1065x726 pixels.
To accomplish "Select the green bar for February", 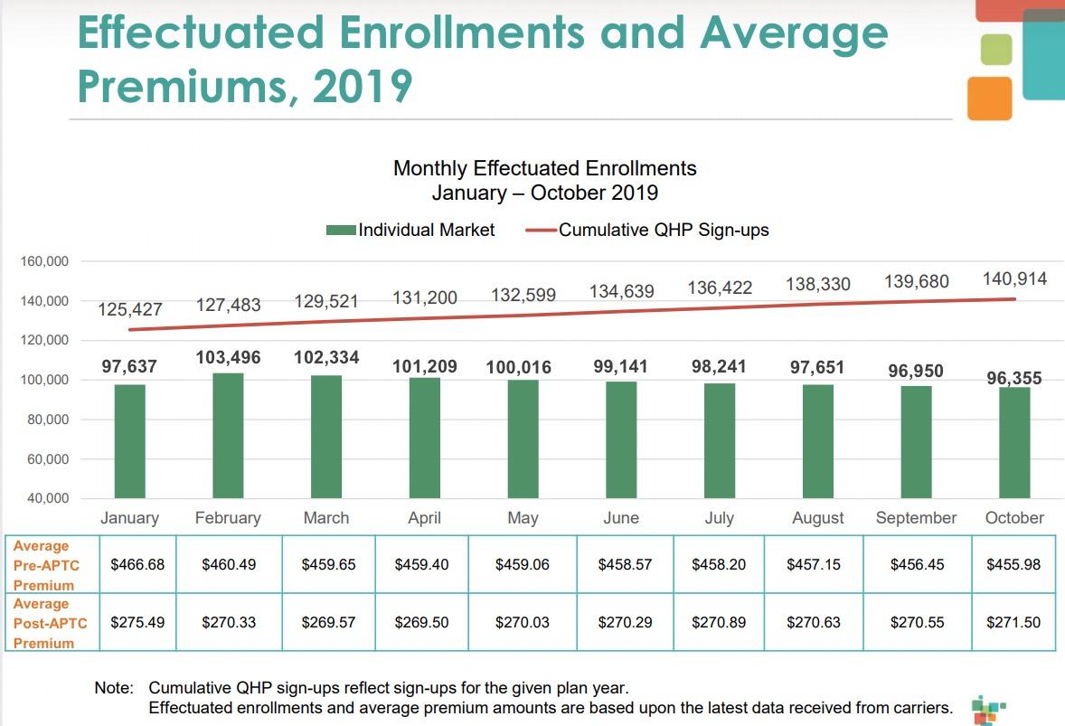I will pyautogui.click(x=228, y=435).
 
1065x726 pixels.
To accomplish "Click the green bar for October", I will pyautogui.click(x=1014, y=442).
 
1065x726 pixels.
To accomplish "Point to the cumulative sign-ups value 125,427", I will pyautogui.click(x=130, y=310).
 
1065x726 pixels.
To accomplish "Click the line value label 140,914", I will pyautogui.click(x=1014, y=278).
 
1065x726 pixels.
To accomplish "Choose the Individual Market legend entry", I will pyautogui.click(x=410, y=230).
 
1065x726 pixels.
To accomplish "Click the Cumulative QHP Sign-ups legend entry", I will pyautogui.click(x=647, y=230).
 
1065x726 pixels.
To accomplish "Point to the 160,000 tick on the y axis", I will pyautogui.click(x=44, y=261).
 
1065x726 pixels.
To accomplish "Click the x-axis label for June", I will pyautogui.click(x=621, y=518).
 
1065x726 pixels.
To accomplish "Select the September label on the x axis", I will pyautogui.click(x=916, y=518).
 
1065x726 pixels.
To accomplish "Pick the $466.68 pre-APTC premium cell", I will pyautogui.click(x=137, y=564).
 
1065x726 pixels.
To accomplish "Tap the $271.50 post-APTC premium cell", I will pyautogui.click(x=1013, y=622).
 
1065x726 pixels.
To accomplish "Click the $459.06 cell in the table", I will pyautogui.click(x=523, y=564).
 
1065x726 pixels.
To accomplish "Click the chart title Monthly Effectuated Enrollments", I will pyautogui.click(x=544, y=168).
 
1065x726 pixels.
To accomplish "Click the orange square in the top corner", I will pyautogui.click(x=989, y=99).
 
